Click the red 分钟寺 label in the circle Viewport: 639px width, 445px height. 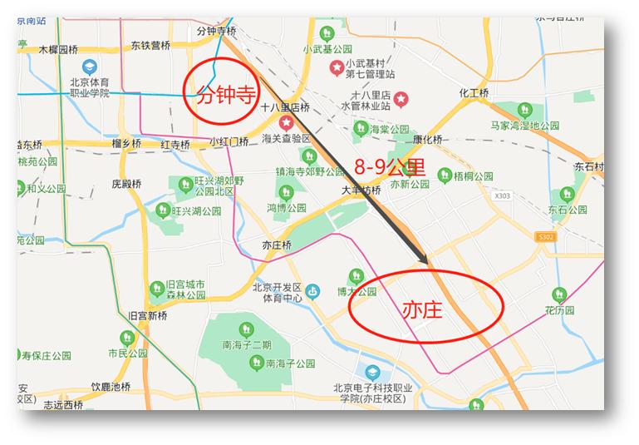[224, 92]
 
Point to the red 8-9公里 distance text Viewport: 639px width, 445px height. [390, 166]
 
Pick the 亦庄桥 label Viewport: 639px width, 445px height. [277, 245]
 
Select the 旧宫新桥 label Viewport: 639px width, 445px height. [148, 316]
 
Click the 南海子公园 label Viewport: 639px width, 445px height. [290, 363]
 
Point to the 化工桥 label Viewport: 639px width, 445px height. [474, 93]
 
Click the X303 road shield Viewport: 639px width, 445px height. [501, 196]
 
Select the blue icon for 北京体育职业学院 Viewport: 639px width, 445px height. [88, 67]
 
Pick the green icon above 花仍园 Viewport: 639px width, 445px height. [559, 294]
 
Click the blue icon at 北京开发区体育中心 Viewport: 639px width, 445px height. [312, 291]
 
